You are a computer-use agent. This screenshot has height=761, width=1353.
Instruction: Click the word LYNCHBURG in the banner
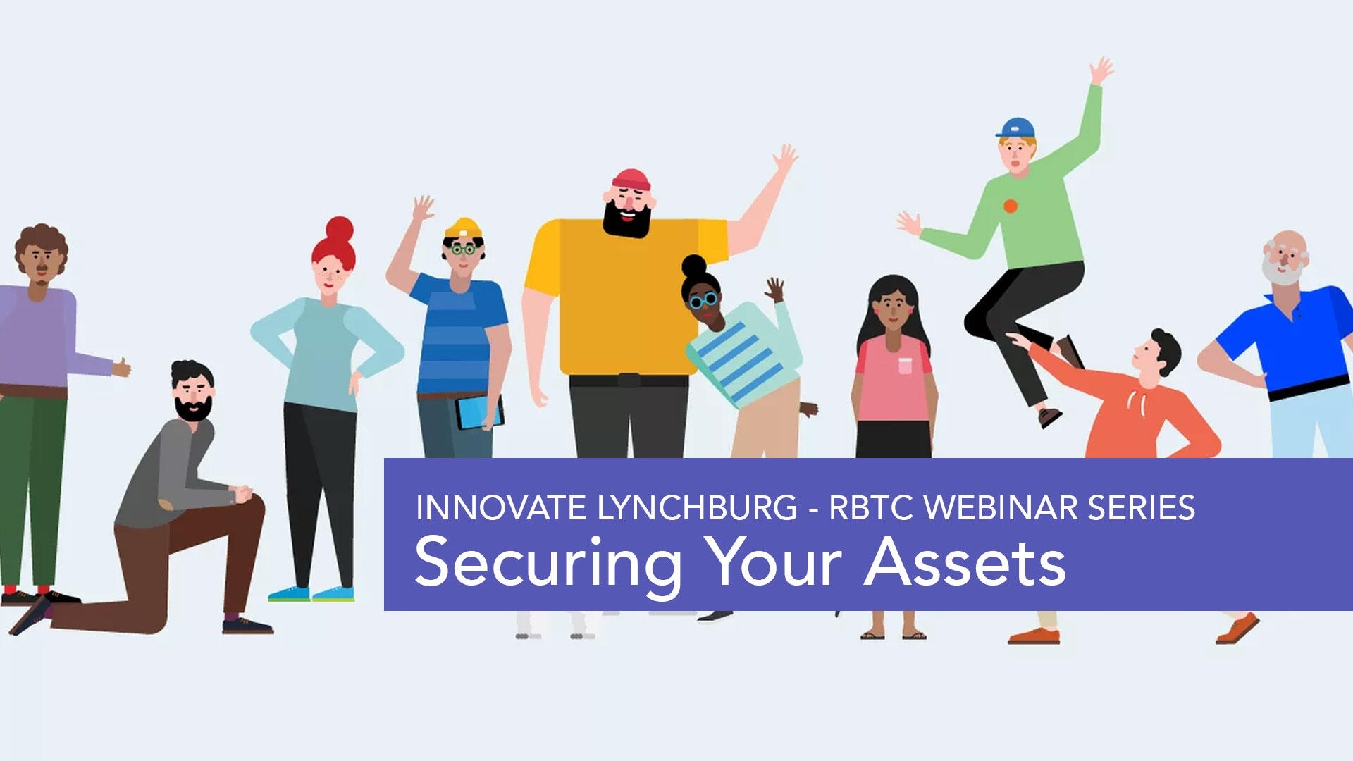tap(697, 508)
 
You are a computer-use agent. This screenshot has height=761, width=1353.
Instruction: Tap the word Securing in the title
tap(548, 564)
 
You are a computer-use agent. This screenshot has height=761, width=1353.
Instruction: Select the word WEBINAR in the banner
tap(1001, 508)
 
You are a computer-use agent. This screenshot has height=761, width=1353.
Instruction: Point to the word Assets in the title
tap(965, 562)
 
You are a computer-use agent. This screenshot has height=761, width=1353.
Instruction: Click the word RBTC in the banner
tap(872, 508)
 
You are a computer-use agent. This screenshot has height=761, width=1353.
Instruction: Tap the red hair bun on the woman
tap(339, 230)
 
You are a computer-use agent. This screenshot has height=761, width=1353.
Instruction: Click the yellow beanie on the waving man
tap(463, 229)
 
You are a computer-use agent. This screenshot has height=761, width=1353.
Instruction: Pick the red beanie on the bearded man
tap(631, 180)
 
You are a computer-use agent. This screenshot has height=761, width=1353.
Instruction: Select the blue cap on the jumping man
tap(1015, 128)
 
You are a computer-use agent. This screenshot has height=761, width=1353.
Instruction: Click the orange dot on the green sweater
tap(1011, 206)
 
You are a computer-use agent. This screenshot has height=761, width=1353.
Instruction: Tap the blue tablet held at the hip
tap(478, 412)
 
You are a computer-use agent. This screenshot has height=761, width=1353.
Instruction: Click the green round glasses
tap(463, 249)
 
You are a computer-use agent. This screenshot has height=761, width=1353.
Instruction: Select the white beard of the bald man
tap(1281, 271)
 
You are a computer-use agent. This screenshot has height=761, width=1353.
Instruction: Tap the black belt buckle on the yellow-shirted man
tap(629, 380)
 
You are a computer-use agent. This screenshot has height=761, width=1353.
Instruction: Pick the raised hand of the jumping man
tap(1101, 70)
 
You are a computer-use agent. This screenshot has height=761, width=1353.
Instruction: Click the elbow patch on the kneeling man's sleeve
tap(166, 505)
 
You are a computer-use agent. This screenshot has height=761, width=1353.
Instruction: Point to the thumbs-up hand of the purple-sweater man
tap(121, 367)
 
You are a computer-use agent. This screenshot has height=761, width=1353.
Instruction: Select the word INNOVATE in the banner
tap(501, 508)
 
